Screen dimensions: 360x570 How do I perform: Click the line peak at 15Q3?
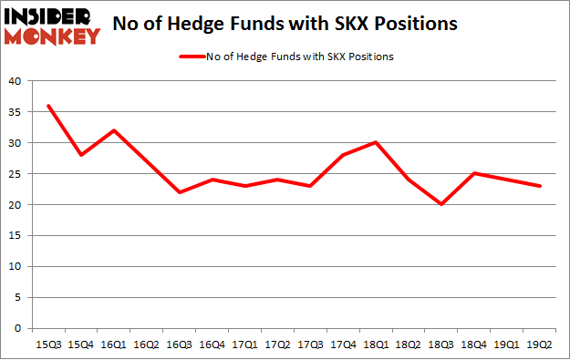point(48,106)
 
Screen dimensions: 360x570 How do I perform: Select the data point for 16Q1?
point(112,130)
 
